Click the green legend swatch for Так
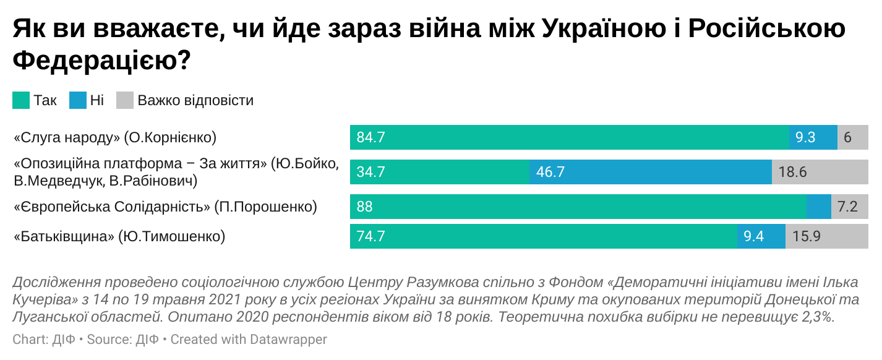click(x=21, y=100)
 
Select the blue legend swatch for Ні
click(x=77, y=100)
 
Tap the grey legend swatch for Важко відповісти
click(x=125, y=100)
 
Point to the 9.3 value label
click(x=805, y=137)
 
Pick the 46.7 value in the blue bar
click(x=550, y=172)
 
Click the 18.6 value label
click(x=792, y=172)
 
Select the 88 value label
click(x=365, y=207)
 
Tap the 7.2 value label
click(x=847, y=207)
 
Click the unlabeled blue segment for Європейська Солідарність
click(x=818, y=207)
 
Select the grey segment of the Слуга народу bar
click(x=852, y=137)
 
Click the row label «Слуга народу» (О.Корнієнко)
click(x=115, y=137)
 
